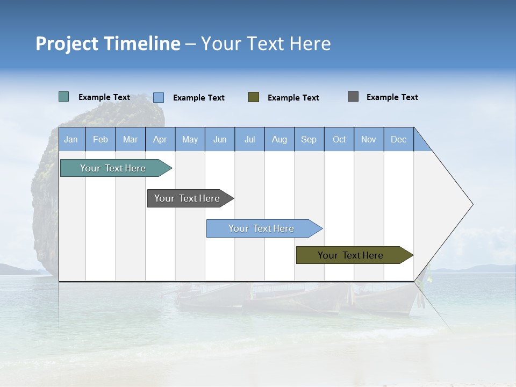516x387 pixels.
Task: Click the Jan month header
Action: [71, 139]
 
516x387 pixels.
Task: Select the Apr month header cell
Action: [160, 139]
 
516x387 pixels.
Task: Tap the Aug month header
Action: [279, 139]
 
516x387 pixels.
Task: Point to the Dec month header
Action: [398, 139]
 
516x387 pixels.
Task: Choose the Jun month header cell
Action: [219, 139]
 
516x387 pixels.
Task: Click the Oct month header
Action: [339, 139]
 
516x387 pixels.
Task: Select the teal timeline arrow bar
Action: [113, 168]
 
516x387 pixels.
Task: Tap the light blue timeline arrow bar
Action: [262, 228]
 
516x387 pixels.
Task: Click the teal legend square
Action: [63, 97]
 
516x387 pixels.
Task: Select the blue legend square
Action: [158, 97]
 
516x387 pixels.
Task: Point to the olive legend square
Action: [254, 97]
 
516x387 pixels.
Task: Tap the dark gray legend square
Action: [353, 97]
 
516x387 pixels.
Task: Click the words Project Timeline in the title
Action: [107, 44]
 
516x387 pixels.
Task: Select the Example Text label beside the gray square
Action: [392, 97]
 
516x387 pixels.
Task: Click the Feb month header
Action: [101, 139]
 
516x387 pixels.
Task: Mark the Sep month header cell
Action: [309, 139]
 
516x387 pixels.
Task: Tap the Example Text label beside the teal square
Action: [104, 97]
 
